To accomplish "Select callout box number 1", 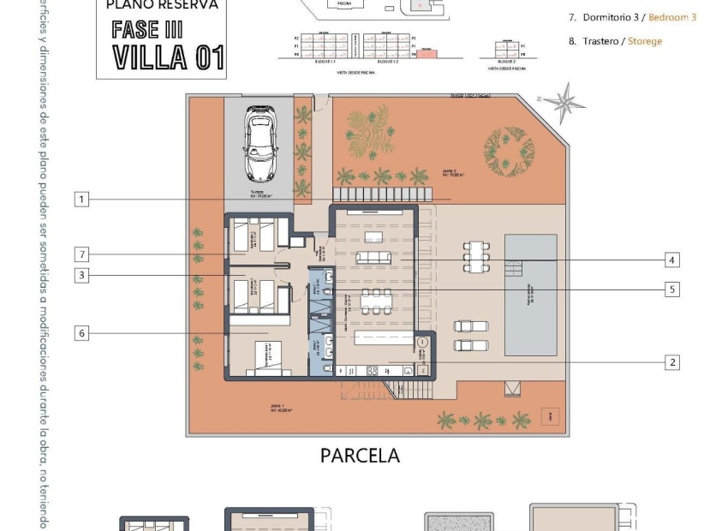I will (81, 200).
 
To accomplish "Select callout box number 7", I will (81, 254).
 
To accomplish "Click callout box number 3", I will (81, 276).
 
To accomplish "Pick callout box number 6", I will (81, 333).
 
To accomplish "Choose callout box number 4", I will (673, 260).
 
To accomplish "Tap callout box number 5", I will (673, 289).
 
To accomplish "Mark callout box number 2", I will (673, 362).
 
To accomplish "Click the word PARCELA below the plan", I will (360, 456).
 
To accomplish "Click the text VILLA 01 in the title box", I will (169, 57).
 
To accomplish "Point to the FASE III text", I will (147, 28).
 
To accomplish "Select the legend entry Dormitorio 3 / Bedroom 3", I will (632, 17).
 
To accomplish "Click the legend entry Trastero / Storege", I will (615, 41).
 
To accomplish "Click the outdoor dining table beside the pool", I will (477, 255).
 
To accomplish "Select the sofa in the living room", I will (373, 258).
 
